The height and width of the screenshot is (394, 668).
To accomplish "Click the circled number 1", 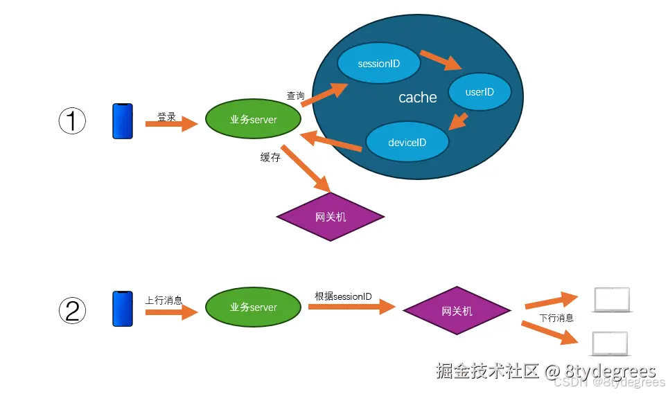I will (71, 121).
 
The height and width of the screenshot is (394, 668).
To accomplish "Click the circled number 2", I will (71, 310).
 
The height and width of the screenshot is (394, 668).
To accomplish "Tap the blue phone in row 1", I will (123, 121).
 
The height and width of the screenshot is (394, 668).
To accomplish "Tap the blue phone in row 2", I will (123, 308).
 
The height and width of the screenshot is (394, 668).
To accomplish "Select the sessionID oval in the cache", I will (379, 64).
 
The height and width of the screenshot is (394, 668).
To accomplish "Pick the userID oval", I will (480, 91).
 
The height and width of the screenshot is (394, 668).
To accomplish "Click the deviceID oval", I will (407, 143).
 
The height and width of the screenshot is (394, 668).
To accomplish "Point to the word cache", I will (418, 98).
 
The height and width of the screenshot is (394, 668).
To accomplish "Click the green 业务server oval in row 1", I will (254, 120).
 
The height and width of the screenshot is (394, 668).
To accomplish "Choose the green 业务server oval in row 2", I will (254, 307).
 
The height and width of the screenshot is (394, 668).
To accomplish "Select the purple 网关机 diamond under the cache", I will (331, 217).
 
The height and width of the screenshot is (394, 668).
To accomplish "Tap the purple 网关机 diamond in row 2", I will (457, 311).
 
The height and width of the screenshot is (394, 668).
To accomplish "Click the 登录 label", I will (167, 117).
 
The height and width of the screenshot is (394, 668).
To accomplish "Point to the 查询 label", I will (296, 96).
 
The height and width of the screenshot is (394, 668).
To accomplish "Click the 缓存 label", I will (270, 157).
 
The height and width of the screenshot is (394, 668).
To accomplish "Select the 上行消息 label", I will (164, 301).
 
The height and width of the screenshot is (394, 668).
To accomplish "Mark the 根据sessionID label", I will (343, 296).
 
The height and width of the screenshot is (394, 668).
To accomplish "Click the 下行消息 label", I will (556, 319).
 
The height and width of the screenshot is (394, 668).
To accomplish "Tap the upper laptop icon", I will (611, 300).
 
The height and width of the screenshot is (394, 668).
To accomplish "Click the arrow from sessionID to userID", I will (441, 60).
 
